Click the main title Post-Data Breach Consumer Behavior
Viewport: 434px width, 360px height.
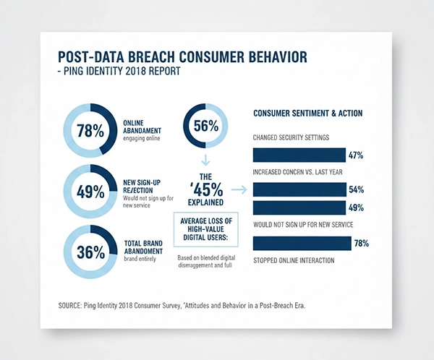click(x=187, y=58)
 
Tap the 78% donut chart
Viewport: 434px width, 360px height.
click(x=90, y=131)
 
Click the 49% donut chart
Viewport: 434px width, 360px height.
click(x=90, y=192)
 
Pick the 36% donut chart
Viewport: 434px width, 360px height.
click(x=90, y=251)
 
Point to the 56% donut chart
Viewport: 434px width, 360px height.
click(x=205, y=126)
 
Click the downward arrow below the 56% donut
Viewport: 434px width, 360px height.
click(x=205, y=158)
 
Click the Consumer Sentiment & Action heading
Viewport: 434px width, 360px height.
click(x=307, y=113)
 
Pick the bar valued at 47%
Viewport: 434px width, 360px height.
click(x=299, y=155)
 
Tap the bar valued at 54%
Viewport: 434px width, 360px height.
click(x=299, y=189)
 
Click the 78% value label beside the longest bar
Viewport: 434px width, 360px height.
click(x=361, y=244)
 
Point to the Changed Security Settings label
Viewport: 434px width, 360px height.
click(x=292, y=137)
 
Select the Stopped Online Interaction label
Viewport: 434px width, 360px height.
click(x=293, y=260)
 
